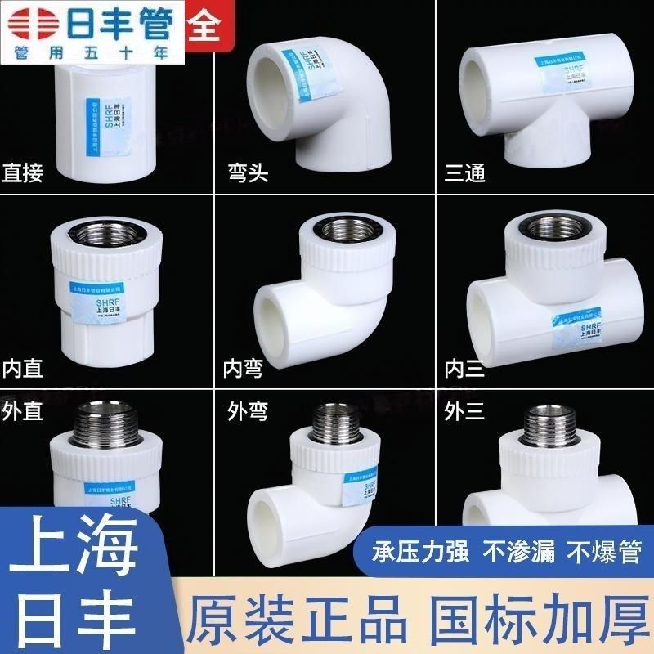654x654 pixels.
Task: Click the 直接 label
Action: point(28,172)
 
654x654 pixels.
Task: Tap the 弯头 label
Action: point(248,173)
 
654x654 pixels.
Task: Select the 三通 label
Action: point(464,172)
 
